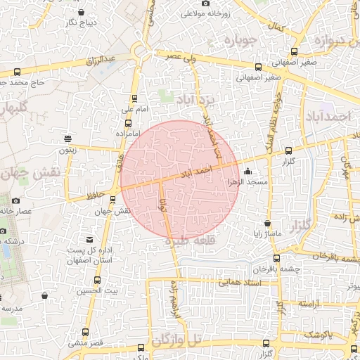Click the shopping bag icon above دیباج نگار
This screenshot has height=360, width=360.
click(82, 12)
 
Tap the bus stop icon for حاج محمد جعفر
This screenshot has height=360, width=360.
click(17, 72)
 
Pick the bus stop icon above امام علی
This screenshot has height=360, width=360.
click(134, 99)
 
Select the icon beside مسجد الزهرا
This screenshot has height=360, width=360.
click(247, 171)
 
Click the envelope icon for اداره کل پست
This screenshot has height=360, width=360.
click(88, 239)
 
